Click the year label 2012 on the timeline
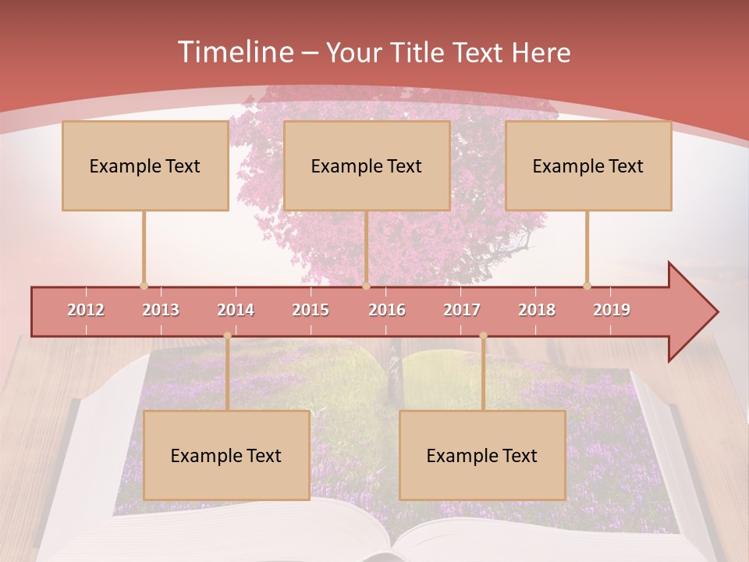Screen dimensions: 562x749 pyautogui.click(x=86, y=310)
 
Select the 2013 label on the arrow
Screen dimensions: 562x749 pyautogui.click(x=161, y=310)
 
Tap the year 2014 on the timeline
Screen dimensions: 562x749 pyautogui.click(x=236, y=310)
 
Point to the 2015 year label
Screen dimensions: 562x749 pyautogui.click(x=311, y=310)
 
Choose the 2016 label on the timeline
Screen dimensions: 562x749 pyautogui.click(x=387, y=310)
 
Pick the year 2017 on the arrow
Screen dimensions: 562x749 pyautogui.click(x=462, y=310)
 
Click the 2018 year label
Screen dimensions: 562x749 pyautogui.click(x=537, y=310)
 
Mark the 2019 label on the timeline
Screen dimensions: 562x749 pyautogui.click(x=612, y=310)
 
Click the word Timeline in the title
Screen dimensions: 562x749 pyautogui.click(x=234, y=52)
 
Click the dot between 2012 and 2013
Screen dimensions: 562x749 pyautogui.click(x=144, y=286)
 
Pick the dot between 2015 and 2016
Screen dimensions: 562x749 pyautogui.click(x=366, y=286)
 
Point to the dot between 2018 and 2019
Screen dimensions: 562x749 pyautogui.click(x=587, y=286)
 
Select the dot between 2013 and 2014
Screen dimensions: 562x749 pyautogui.click(x=227, y=336)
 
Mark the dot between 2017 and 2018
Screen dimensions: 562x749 pyautogui.click(x=483, y=336)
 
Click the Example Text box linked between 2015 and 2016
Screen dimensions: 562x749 pyautogui.click(x=367, y=165)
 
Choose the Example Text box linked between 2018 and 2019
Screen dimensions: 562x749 pyautogui.click(x=588, y=165)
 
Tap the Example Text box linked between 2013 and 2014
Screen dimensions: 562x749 pyautogui.click(x=226, y=455)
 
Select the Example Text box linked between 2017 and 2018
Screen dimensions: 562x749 pyautogui.click(x=482, y=455)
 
